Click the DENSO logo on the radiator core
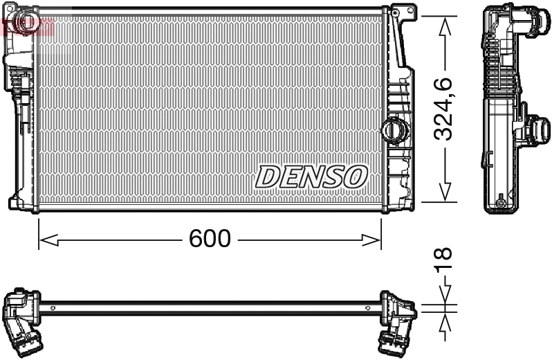tap(311, 177)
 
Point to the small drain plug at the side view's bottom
tap(499, 204)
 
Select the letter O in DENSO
tap(355, 177)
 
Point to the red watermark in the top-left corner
tap(28, 26)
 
